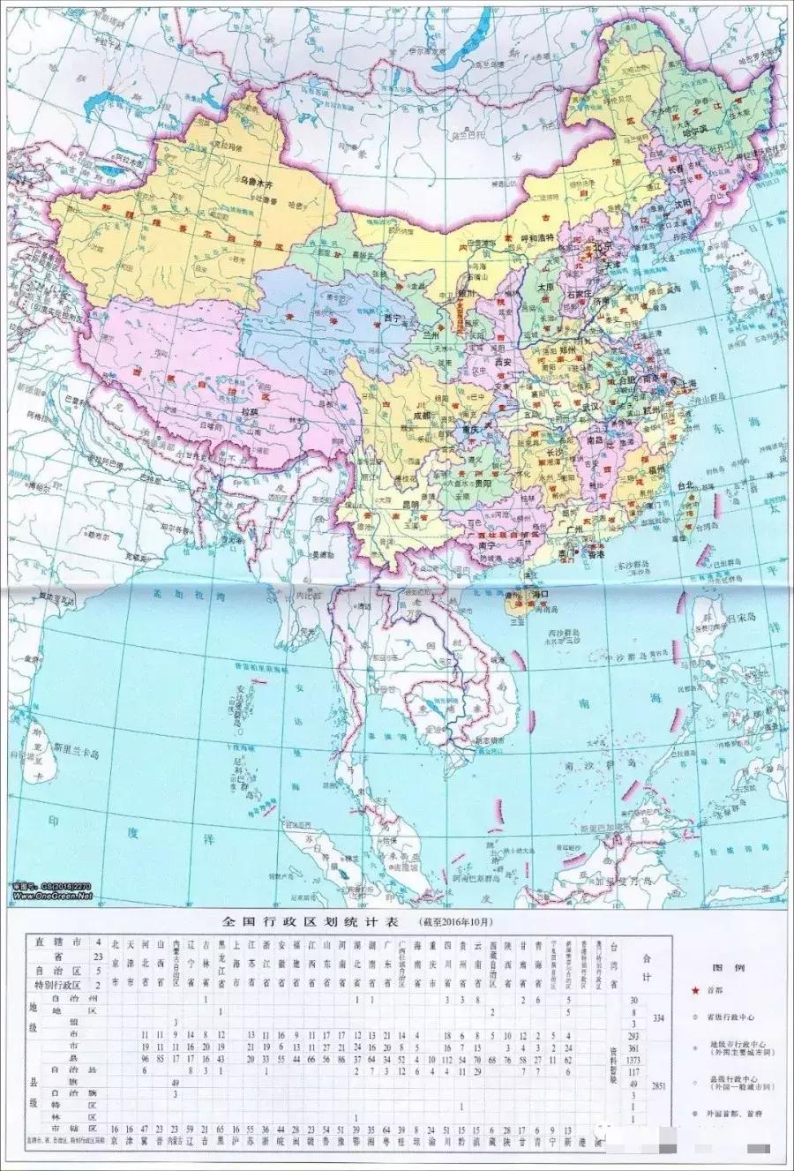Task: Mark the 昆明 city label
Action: click(410, 503)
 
